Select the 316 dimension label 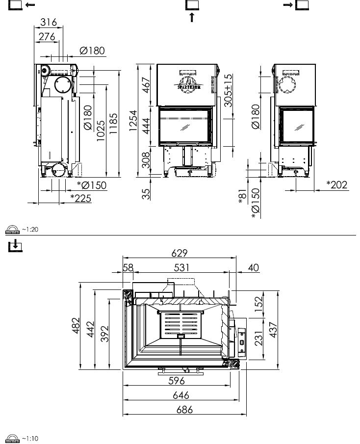(x=49, y=22)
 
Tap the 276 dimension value (x=47, y=37)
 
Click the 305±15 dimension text (x=228, y=90)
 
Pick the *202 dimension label (x=337, y=185)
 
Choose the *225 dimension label (x=81, y=198)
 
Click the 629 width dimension (x=180, y=253)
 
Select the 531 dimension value (x=181, y=267)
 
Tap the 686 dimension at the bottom (x=184, y=410)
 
